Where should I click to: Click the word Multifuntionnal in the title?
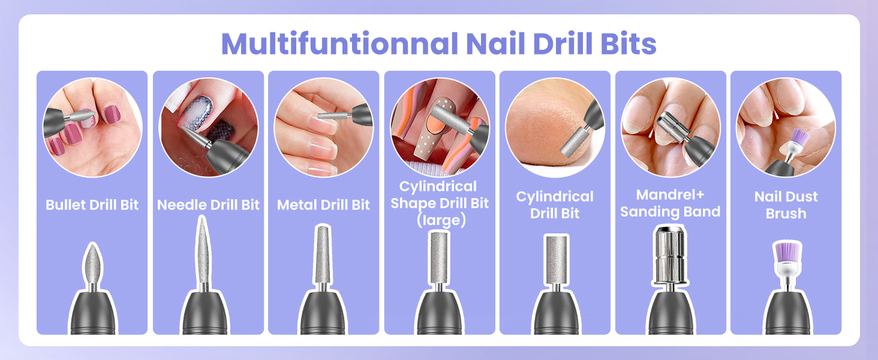tap(339, 44)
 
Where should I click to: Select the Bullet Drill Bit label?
tap(92, 205)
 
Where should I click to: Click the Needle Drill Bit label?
tap(208, 205)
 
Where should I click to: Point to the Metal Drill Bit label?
tap(323, 205)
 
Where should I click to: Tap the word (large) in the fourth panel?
tap(441, 220)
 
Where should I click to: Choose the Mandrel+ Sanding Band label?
tap(670, 203)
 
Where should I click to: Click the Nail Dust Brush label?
tap(786, 205)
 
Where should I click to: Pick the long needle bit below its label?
tap(203, 251)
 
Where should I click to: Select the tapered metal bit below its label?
tap(323, 255)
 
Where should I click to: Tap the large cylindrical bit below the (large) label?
tap(439, 257)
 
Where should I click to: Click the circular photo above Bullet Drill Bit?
tap(92, 127)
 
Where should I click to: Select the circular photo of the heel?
tap(555, 127)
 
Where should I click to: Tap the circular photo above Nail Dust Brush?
tap(786, 127)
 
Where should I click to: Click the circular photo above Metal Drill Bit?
tap(324, 127)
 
